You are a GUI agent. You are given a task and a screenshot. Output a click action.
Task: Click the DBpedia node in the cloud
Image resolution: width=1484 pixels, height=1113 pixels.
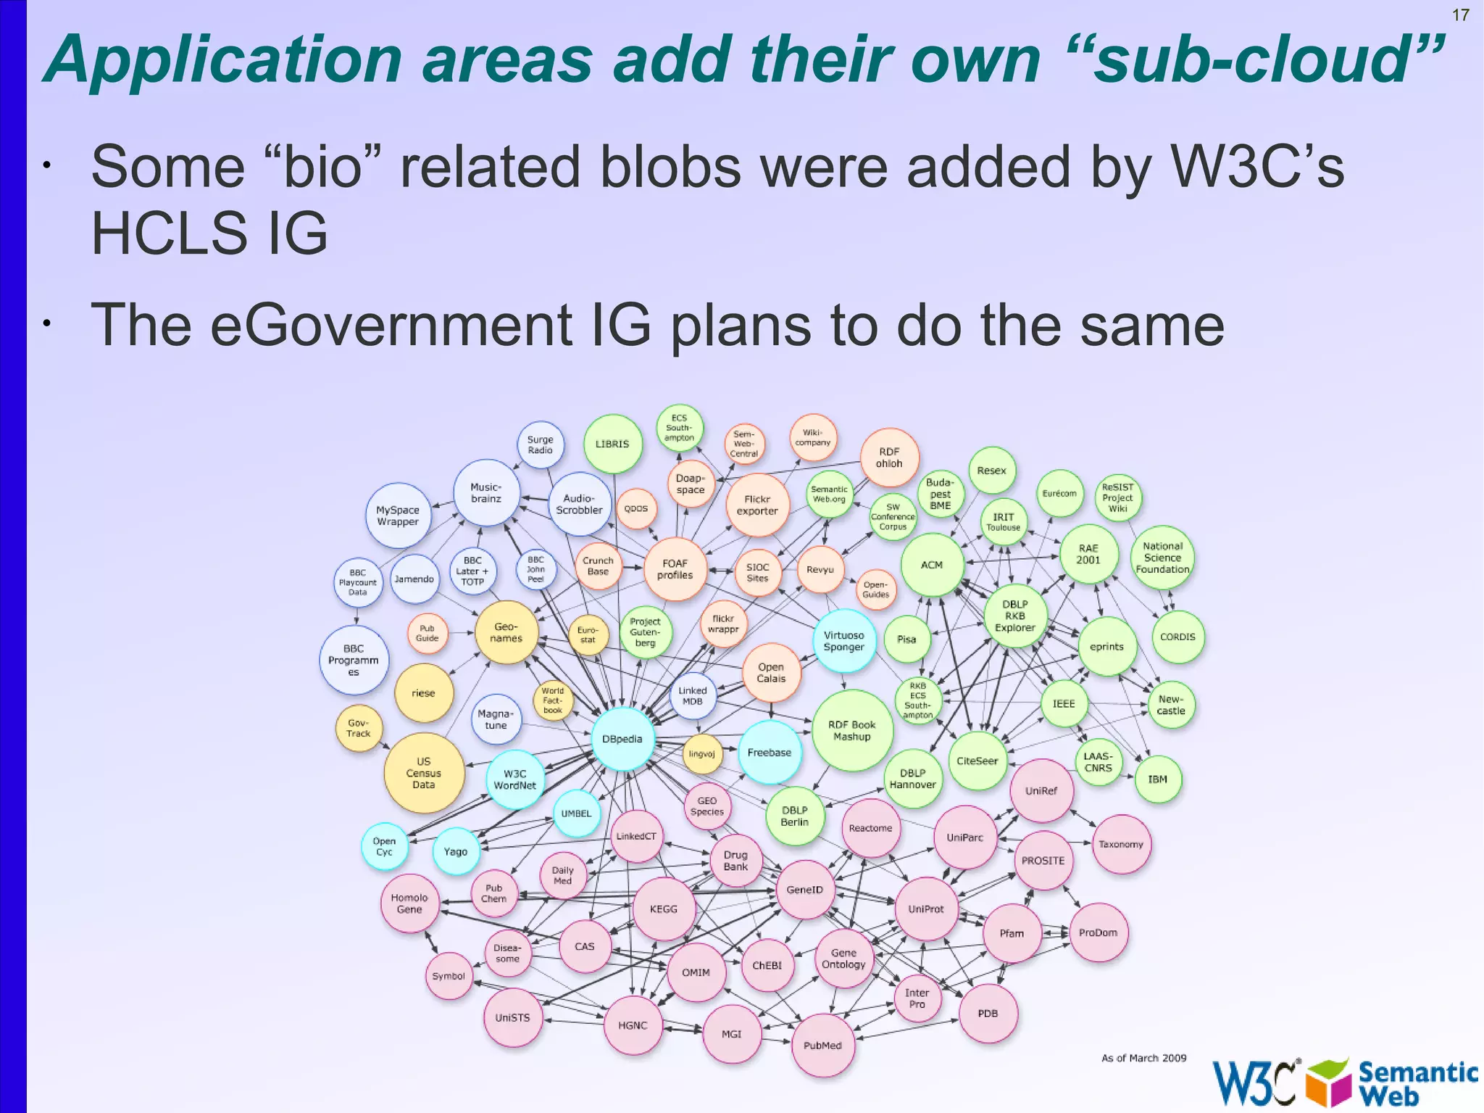coord(622,739)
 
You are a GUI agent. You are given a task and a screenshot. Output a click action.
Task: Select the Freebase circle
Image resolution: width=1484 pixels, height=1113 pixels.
coord(769,752)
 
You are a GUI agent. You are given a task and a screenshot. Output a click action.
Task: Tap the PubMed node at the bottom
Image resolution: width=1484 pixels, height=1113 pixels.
coord(822,1045)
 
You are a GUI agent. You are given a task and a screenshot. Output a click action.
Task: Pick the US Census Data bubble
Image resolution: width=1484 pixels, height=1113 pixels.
coord(423,773)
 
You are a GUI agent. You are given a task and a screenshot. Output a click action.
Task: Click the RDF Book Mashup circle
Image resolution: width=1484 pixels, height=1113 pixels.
coord(851,730)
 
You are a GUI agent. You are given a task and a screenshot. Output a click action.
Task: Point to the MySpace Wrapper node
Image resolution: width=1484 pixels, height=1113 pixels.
coord(398,516)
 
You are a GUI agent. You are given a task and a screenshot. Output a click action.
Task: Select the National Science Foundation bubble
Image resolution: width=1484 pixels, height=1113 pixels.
coord(1162,558)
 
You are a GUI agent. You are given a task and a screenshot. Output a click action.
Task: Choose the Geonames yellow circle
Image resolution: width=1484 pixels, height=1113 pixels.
coord(507,632)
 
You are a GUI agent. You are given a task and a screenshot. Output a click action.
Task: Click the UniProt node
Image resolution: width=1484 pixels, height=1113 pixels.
coord(926,909)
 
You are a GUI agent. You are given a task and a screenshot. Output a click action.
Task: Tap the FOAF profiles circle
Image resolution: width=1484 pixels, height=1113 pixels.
coord(675,569)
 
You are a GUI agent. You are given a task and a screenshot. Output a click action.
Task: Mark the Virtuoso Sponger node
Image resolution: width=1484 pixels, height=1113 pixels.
coord(843,641)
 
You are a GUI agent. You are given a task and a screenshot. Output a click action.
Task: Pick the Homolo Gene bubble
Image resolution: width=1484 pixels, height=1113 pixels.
coord(409,903)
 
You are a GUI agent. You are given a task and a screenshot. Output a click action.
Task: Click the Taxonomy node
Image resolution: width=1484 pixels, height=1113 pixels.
coord(1120,844)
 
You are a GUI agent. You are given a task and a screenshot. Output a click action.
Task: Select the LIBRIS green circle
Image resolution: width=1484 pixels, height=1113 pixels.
coord(612,444)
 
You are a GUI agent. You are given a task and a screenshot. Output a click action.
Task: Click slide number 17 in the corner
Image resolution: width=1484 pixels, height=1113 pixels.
coord(1460,15)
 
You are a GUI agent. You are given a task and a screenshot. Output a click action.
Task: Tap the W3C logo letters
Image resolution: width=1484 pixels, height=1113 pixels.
coord(1254,1083)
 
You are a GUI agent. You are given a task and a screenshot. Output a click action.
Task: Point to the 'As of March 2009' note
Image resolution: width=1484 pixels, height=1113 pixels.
coord(1143,1058)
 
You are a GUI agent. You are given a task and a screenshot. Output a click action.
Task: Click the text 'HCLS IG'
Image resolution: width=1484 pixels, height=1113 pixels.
coord(209,233)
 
